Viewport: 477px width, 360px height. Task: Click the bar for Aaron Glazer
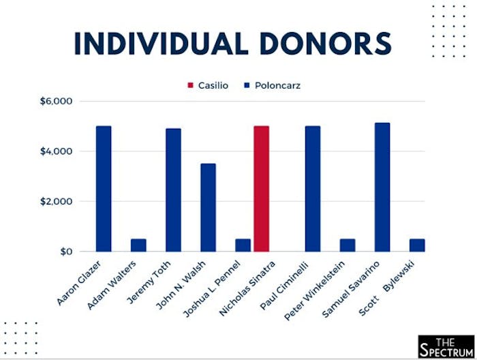click(104, 189)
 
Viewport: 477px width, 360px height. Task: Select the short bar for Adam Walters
click(138, 245)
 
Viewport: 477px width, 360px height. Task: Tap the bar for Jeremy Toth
click(173, 190)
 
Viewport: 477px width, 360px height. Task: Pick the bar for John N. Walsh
click(208, 207)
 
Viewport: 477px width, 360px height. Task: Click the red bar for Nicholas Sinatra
click(262, 189)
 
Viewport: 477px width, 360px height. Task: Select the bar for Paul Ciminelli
click(313, 189)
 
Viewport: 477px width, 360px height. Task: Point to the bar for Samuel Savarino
click(382, 187)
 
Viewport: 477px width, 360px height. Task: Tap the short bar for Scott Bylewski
click(416, 245)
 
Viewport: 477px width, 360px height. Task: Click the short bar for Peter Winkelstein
click(347, 245)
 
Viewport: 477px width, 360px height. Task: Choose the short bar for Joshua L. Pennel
click(243, 245)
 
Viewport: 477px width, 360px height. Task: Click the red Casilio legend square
click(191, 86)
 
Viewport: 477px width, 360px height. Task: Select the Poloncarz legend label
click(277, 86)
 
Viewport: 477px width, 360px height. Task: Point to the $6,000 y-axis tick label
click(56, 102)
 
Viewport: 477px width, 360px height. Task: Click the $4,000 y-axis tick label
click(56, 151)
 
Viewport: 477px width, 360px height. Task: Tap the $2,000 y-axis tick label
click(56, 202)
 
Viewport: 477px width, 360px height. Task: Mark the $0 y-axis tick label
click(65, 252)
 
